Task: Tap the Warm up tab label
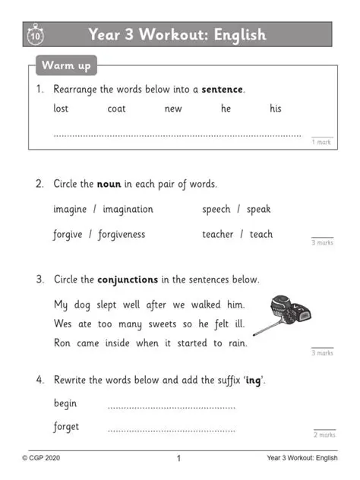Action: pyautogui.click(x=65, y=66)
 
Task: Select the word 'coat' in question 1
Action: pyautogui.click(x=116, y=109)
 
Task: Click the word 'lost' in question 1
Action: pyautogui.click(x=61, y=109)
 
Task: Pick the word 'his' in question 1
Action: pyautogui.click(x=275, y=109)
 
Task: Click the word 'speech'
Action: pyautogui.click(x=216, y=209)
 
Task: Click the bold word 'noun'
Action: pyautogui.click(x=109, y=184)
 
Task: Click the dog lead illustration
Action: pyautogui.click(x=286, y=314)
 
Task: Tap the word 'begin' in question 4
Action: pyautogui.click(x=65, y=403)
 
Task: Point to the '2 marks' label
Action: pyautogui.click(x=324, y=434)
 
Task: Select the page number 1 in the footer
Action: pyautogui.click(x=178, y=458)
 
